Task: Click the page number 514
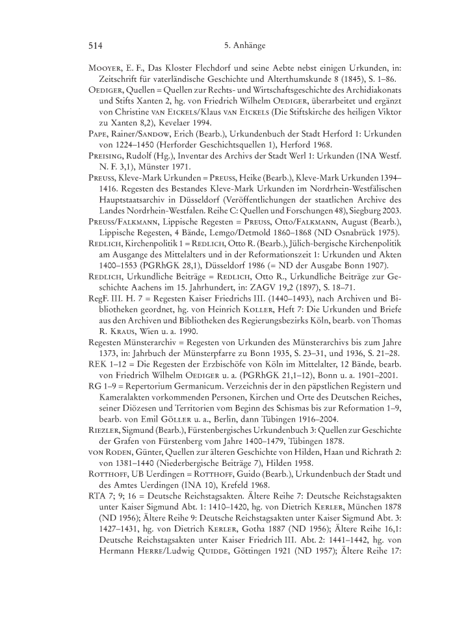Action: [96, 46]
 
